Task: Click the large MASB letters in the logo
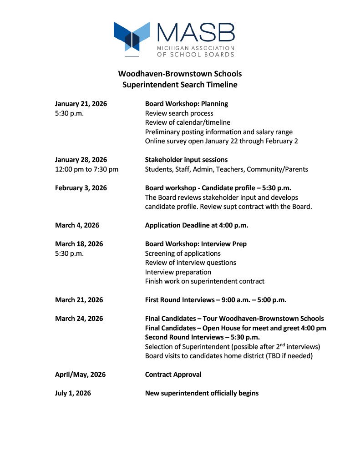click(x=195, y=33)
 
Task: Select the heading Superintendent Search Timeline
click(x=180, y=85)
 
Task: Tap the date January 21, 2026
click(x=81, y=104)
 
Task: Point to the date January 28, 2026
click(x=81, y=160)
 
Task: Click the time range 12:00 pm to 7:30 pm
click(x=86, y=169)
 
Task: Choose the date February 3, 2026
click(x=81, y=188)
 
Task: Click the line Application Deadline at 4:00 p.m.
click(x=197, y=225)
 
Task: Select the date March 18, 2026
click(x=79, y=244)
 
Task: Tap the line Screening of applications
click(x=183, y=253)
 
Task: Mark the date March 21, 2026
click(x=79, y=300)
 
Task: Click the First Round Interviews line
click(x=215, y=300)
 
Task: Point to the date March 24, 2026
click(x=79, y=319)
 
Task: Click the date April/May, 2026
click(x=80, y=375)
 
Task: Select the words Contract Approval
click(x=173, y=375)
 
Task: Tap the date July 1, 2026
click(x=73, y=393)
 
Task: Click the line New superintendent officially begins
click(x=202, y=393)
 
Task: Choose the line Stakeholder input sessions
click(x=186, y=160)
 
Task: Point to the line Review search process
click(x=179, y=113)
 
